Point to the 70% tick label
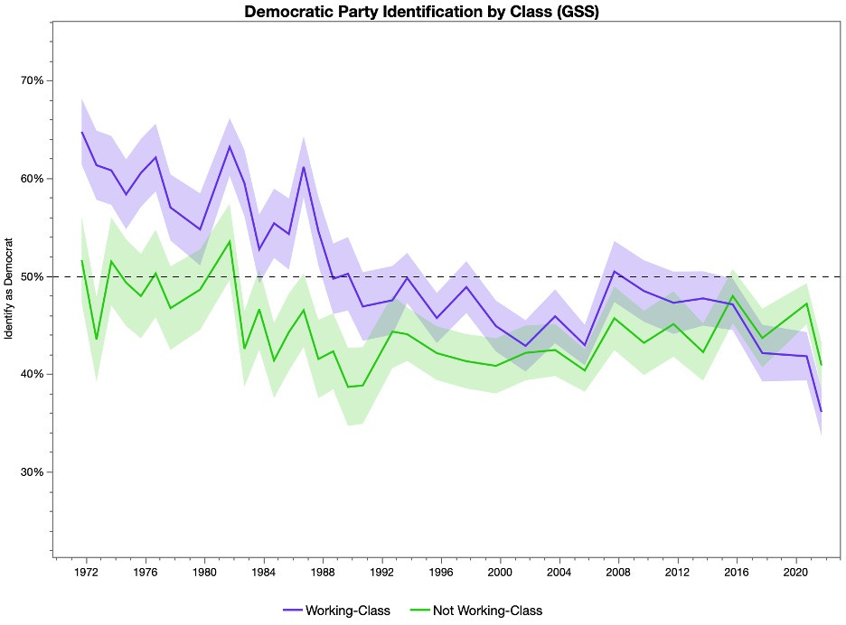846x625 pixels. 32,80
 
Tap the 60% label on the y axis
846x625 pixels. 32,179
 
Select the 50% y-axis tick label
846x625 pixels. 32,276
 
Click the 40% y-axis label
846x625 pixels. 32,374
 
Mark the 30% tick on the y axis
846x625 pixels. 32,472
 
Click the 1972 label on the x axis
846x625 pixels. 86,573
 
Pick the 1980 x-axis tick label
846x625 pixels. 204,573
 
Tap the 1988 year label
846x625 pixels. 323,573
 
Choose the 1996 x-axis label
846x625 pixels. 441,573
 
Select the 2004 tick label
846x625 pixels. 559,573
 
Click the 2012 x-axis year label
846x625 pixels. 678,573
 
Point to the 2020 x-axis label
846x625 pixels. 795,573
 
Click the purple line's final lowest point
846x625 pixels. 822,412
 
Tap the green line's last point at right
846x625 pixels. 822,365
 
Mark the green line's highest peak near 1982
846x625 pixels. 230,240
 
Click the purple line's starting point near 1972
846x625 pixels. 82,133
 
